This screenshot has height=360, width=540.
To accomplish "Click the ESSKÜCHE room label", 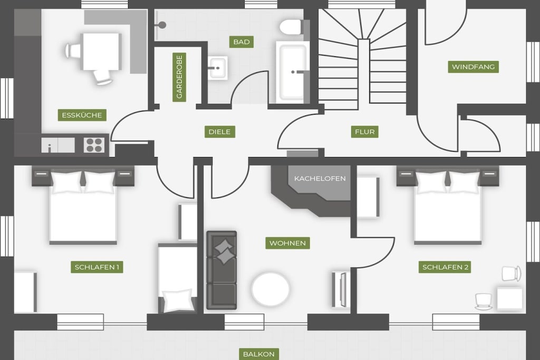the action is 82,115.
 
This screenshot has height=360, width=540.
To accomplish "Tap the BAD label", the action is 242,42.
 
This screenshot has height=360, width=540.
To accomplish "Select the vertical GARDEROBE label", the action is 179,77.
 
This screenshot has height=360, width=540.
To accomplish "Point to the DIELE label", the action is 220,132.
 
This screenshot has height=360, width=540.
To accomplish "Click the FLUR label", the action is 365,132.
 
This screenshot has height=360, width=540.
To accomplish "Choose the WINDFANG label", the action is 473,67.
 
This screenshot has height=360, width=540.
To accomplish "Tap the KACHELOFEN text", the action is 320,179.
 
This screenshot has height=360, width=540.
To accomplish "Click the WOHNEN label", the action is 287,244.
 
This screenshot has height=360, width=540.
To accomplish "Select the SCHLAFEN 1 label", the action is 97,267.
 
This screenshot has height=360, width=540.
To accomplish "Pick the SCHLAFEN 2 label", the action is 445,267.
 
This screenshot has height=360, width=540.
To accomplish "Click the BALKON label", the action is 259,354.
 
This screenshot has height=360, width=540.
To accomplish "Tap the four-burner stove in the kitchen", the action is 94,145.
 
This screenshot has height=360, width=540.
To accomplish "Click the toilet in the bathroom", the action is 291,27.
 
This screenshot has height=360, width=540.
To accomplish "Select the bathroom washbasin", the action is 218,68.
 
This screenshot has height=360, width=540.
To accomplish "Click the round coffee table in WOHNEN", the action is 271,289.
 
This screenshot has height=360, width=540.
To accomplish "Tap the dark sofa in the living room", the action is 222,270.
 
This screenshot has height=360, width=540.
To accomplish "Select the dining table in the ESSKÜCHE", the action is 101,51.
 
